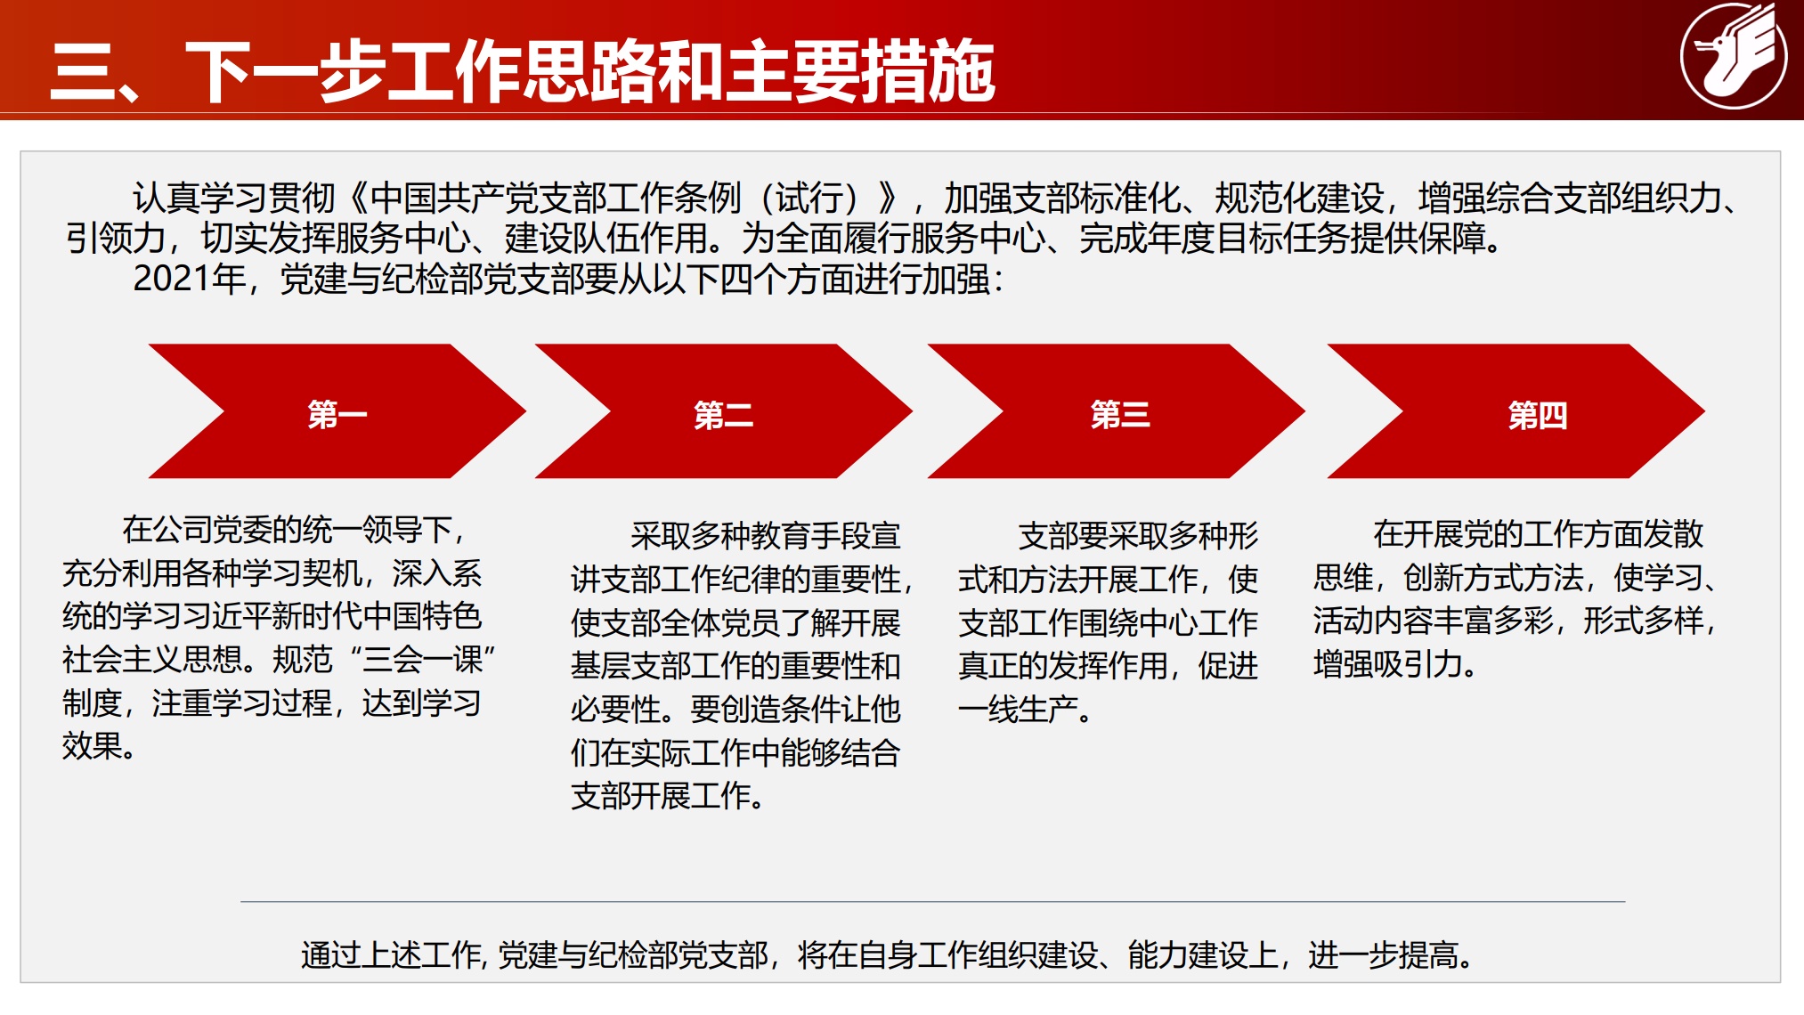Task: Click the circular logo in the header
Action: click(1733, 56)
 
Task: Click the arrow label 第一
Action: click(337, 415)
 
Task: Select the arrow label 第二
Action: click(723, 415)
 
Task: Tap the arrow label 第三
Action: click(1119, 415)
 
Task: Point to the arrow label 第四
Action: click(1537, 415)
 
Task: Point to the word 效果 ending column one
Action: click(93, 746)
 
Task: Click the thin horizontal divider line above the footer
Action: click(931, 902)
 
